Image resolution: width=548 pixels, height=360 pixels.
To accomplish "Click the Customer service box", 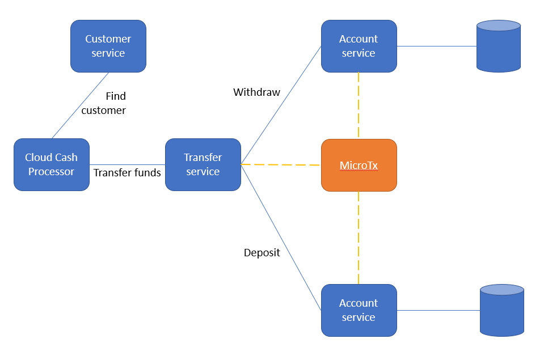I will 108,46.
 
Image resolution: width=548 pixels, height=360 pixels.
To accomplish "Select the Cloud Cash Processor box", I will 52,164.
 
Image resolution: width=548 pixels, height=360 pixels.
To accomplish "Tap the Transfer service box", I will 203,164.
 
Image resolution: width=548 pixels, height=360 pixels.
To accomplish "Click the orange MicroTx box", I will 359,165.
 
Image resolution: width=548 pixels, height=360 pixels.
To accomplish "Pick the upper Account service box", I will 359,46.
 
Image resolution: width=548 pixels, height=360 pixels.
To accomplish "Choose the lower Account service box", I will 359,310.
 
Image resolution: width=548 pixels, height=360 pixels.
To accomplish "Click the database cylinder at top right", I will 498,46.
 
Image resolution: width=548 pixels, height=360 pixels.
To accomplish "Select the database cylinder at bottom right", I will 501,311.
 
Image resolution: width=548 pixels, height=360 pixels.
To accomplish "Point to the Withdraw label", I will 256,92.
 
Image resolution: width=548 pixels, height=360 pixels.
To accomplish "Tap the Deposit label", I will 262,253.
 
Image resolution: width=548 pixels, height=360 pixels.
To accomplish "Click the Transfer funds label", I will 127,173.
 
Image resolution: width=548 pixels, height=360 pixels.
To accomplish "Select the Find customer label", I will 104,103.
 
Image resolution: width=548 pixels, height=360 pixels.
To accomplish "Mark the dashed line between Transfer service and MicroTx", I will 281,165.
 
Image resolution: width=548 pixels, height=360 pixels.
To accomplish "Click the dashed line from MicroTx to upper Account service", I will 359,105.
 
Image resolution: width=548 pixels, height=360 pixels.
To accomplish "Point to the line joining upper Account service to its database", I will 436,46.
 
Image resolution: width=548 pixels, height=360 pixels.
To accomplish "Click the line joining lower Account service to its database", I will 438,310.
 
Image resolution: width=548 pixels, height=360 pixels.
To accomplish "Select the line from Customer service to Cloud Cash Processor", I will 80,105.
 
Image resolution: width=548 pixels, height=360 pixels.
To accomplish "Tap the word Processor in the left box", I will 52,172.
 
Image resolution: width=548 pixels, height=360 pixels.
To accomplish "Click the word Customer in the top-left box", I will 108,39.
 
